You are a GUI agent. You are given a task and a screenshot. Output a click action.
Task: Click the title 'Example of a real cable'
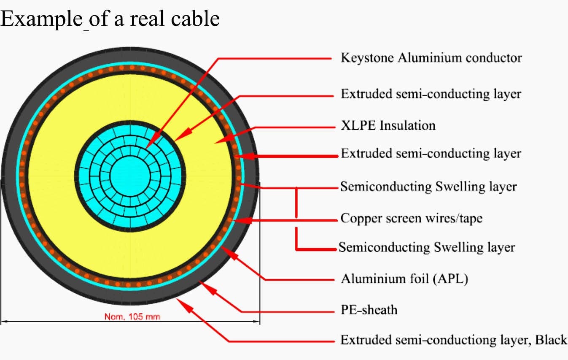coord(110,19)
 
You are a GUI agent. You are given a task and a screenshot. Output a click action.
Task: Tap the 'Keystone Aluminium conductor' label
coord(431,58)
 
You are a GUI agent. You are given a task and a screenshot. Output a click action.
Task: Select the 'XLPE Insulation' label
coord(388,125)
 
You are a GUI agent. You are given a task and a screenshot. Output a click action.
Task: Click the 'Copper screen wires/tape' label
coord(412,219)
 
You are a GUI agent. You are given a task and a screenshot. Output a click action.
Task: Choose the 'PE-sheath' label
coord(369,310)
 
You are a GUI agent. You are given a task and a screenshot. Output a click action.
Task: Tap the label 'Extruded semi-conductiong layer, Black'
coord(454,340)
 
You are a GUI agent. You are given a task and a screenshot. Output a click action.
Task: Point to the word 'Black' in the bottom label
coord(551,340)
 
